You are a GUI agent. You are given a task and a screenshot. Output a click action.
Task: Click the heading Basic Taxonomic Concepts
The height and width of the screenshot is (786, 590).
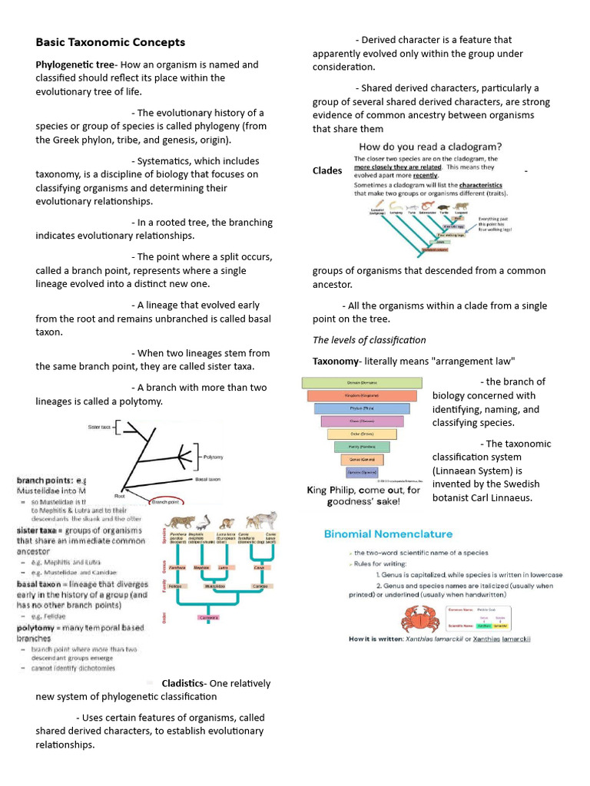[x=110, y=42]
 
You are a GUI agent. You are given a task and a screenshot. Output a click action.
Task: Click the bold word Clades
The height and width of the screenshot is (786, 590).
[x=327, y=170]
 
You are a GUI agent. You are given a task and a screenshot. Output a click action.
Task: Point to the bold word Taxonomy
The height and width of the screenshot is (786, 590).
[x=336, y=361]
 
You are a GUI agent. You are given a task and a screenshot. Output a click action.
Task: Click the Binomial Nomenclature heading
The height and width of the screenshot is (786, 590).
[x=388, y=533]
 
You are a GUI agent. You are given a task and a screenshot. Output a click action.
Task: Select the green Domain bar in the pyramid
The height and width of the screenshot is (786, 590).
[x=361, y=382]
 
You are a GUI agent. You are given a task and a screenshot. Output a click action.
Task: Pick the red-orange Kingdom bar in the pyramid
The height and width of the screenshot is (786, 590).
[x=361, y=395]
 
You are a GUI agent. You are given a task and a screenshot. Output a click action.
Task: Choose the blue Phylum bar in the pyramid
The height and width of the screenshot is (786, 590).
[x=361, y=408]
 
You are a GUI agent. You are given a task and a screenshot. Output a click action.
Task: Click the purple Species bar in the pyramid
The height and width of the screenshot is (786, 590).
[x=361, y=472]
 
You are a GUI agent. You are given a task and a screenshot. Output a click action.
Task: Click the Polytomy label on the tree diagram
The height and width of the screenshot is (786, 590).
[x=213, y=457]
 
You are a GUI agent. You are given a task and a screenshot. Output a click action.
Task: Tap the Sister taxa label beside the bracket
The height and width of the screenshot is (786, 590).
[x=100, y=426]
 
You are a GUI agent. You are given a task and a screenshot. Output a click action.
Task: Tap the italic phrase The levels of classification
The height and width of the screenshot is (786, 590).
[x=369, y=340]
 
